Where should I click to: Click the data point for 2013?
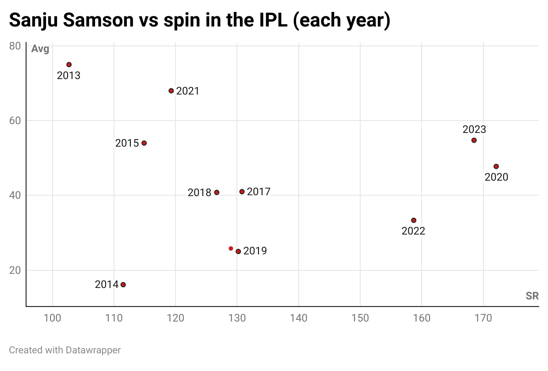[x=69, y=64]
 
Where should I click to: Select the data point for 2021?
[x=171, y=91]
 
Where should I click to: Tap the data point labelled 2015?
[x=144, y=143]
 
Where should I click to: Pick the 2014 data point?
[x=123, y=284]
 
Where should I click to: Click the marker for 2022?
[x=414, y=220]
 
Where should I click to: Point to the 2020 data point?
[x=496, y=167]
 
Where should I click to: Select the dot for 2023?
[x=474, y=140]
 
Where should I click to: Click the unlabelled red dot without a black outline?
[x=231, y=249]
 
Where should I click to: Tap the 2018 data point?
[x=217, y=193]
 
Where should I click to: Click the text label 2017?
[x=259, y=192]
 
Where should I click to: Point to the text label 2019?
[x=255, y=251]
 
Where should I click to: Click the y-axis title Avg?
[x=40, y=49]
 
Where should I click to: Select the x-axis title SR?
[x=532, y=296]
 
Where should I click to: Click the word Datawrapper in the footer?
[x=93, y=350]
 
